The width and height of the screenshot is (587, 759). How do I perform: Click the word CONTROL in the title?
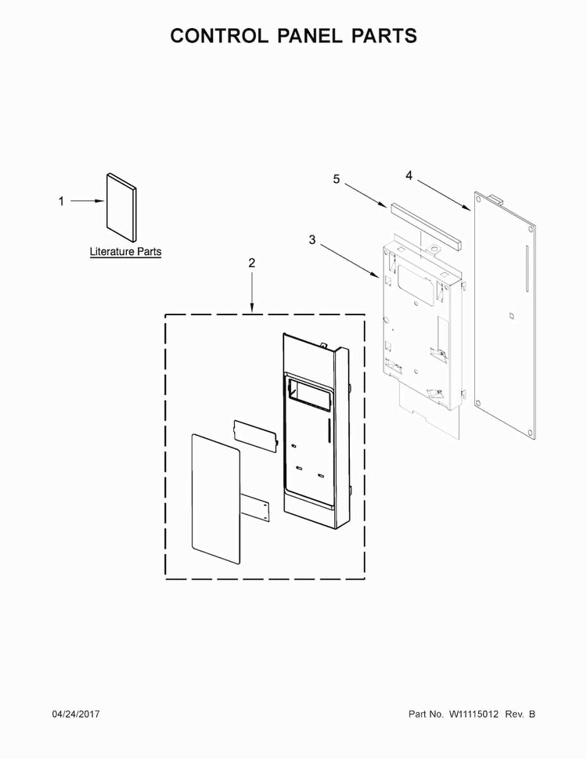[219, 36]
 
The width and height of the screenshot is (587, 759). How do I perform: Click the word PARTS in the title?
[384, 36]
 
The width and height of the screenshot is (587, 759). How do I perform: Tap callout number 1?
[61, 201]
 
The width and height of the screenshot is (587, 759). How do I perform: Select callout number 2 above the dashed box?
[251, 263]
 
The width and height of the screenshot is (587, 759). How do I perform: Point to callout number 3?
[312, 239]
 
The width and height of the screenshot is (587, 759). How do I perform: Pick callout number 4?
[409, 176]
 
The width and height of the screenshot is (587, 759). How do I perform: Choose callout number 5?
[336, 179]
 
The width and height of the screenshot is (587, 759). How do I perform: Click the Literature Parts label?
[125, 252]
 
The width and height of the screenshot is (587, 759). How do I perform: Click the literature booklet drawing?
[121, 207]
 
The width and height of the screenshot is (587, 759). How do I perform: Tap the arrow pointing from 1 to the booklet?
[87, 201]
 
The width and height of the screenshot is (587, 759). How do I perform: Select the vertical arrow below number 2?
[252, 291]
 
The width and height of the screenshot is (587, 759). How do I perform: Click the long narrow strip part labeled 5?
[425, 225]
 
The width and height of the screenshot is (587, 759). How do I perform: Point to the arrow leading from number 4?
[444, 196]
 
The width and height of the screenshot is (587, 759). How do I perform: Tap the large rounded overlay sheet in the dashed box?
[216, 498]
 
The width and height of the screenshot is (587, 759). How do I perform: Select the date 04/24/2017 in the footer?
[76, 714]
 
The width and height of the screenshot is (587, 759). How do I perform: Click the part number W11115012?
[474, 714]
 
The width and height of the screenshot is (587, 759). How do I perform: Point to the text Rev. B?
[520, 714]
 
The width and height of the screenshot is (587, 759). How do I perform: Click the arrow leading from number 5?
[366, 196]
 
